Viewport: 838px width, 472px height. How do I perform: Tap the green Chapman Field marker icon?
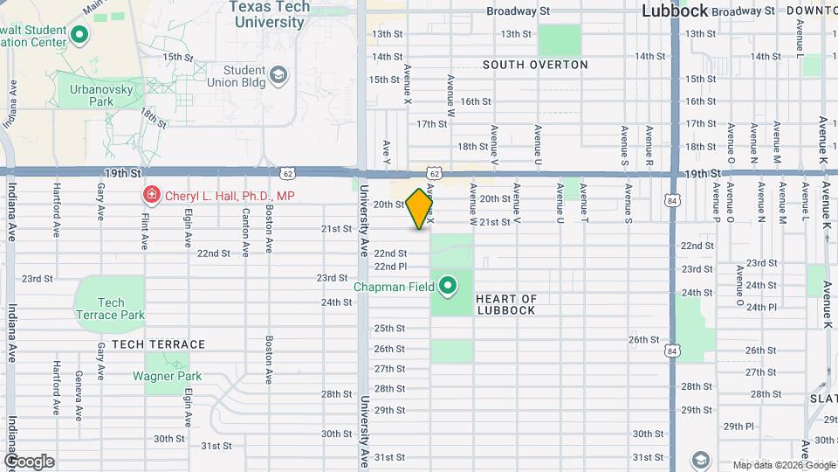449,286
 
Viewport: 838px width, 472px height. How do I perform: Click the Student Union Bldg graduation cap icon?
278,76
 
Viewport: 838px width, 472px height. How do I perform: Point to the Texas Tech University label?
269,14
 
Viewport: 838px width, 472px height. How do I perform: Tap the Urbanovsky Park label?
89,94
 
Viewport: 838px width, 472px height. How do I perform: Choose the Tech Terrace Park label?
109,308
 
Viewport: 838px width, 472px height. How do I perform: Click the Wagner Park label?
167,376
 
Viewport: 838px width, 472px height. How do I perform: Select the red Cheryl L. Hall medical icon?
151,194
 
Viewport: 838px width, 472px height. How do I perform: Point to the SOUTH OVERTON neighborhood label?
535,65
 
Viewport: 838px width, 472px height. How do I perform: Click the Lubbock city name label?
674,11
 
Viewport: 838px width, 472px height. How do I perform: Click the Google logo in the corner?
28,462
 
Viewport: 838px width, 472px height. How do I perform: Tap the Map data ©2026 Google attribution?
783,465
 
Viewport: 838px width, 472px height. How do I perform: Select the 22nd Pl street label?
390,267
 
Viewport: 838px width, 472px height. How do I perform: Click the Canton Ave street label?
246,232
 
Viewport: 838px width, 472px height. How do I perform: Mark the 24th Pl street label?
760,308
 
